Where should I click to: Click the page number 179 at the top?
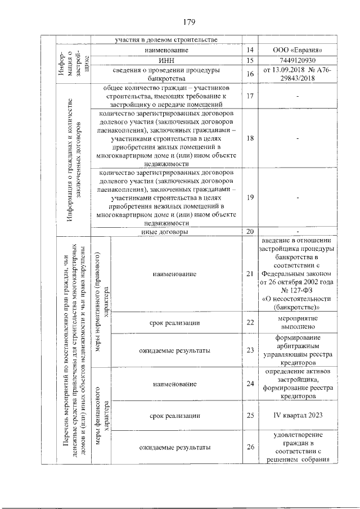(188, 22)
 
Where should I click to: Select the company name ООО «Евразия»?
(298, 50)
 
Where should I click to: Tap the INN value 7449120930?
(298, 60)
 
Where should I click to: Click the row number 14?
(250, 50)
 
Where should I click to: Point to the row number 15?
(250, 60)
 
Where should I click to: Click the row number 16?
(250, 74)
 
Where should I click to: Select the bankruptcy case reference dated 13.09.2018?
(298, 74)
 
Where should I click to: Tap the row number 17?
(250, 96)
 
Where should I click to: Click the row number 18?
(250, 138)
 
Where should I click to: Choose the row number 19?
(250, 196)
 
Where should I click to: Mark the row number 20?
(250, 231)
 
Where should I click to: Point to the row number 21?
(250, 274)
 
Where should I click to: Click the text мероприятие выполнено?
(298, 322)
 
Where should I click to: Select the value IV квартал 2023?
(298, 416)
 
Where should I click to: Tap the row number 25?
(250, 416)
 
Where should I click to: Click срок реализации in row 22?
(174, 322)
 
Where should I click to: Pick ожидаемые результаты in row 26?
(174, 448)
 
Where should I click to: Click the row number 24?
(250, 384)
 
